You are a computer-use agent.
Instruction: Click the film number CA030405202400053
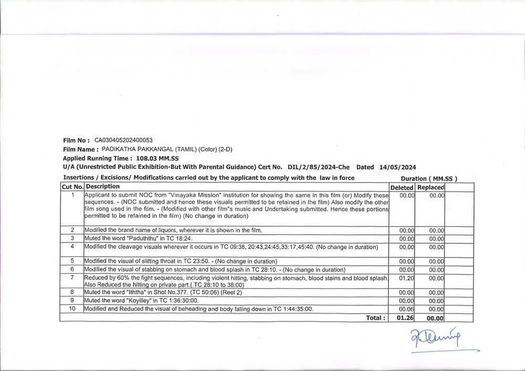[x=123, y=141]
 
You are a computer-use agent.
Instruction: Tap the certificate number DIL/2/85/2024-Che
[x=319, y=167]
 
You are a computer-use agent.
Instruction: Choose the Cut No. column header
[x=72, y=187]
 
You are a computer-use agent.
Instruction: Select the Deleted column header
[x=402, y=187]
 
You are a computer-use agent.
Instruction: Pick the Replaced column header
[x=430, y=187]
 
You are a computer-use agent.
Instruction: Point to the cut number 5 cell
[x=72, y=261]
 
